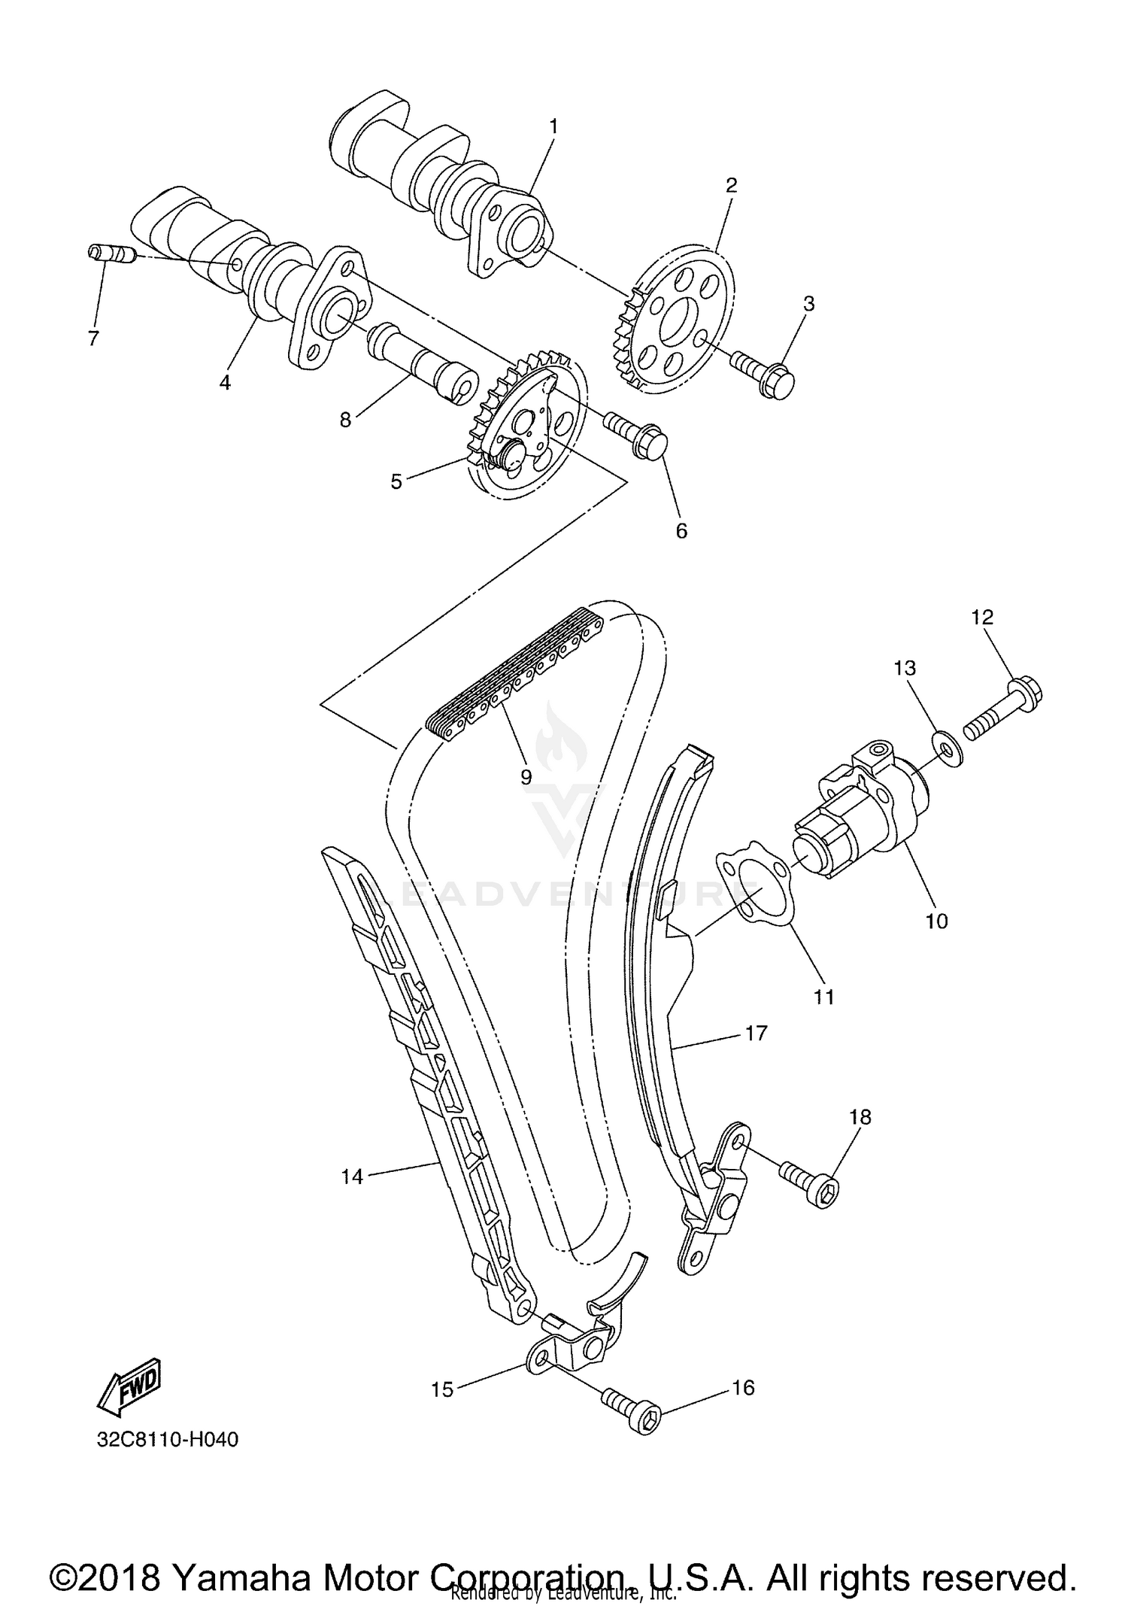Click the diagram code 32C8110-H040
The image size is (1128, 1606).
[x=167, y=1440]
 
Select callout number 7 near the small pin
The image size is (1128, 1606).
[x=93, y=339]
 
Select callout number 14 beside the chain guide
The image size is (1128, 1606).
[x=352, y=1176]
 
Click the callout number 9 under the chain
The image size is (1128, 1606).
[x=526, y=776]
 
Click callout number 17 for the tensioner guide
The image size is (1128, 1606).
[x=756, y=1033]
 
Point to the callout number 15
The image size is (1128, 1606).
[x=442, y=1389]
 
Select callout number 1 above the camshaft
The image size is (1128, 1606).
[x=553, y=126]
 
